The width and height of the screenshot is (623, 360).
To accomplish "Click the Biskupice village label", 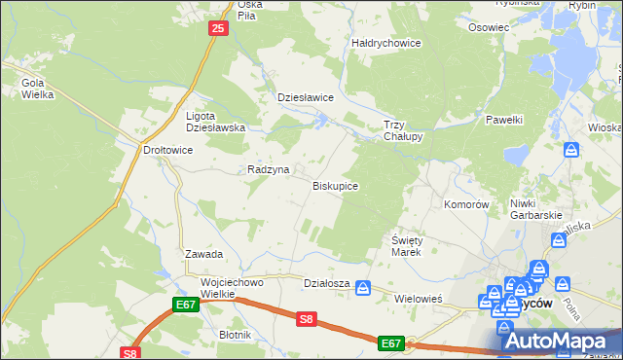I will point(335,185).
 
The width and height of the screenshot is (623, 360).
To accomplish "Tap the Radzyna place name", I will point(268,169).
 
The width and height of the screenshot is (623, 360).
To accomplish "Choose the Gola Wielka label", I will point(38,90).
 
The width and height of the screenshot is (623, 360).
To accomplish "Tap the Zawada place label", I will point(204,254).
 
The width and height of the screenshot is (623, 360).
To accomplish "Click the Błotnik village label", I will point(236,335).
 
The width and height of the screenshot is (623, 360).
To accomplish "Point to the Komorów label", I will point(465,204).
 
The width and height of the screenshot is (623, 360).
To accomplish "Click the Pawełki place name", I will point(504,119).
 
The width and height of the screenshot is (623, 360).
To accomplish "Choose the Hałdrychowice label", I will point(385,43).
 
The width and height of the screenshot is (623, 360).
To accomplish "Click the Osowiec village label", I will point(489,27).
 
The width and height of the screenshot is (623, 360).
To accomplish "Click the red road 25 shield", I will point(218,29).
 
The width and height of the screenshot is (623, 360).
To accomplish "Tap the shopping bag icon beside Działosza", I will point(363,287).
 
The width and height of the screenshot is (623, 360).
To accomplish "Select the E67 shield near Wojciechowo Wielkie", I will point(188,305).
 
